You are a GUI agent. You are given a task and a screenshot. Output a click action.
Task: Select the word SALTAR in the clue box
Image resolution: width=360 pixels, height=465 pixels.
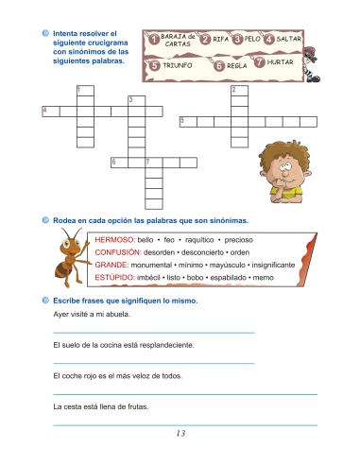289,40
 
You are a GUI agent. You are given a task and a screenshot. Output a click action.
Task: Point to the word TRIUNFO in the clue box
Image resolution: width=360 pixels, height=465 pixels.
178,67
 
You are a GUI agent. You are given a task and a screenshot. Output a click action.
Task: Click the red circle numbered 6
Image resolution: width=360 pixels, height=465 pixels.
219,66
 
